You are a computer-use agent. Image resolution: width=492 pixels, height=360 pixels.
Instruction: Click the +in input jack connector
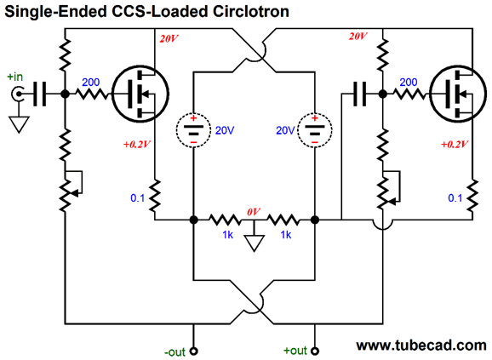[x=18, y=94]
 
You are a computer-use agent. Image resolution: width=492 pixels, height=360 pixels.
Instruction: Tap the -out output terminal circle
[x=194, y=351]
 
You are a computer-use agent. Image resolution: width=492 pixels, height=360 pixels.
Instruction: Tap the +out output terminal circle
[x=315, y=351]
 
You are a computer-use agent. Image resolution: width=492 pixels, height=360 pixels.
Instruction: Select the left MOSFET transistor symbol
[x=140, y=94]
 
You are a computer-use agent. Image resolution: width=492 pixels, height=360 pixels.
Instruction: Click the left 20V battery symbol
[x=193, y=130]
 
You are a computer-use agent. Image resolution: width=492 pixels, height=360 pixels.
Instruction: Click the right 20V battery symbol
[x=315, y=130]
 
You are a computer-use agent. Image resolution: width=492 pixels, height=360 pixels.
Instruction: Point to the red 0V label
[x=254, y=212]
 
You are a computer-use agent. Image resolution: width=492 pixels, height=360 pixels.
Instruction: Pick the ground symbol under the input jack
[x=19, y=124]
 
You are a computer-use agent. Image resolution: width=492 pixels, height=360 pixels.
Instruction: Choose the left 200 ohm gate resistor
[x=92, y=94]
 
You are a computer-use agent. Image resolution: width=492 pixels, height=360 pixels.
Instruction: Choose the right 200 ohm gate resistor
[x=409, y=94]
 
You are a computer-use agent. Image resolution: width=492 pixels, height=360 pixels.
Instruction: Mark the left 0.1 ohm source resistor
[x=154, y=197]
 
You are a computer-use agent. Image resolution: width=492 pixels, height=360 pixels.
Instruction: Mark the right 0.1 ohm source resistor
[x=472, y=197]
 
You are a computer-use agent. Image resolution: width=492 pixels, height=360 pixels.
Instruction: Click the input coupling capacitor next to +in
[x=39, y=94]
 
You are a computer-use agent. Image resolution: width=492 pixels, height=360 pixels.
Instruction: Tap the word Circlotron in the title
[x=251, y=11]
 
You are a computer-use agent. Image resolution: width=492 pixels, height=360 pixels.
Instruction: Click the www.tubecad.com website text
[x=421, y=346]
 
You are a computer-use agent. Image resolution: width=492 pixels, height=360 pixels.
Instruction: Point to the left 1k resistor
[x=225, y=220]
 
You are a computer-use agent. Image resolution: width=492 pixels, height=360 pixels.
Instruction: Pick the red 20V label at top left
[x=169, y=39]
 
